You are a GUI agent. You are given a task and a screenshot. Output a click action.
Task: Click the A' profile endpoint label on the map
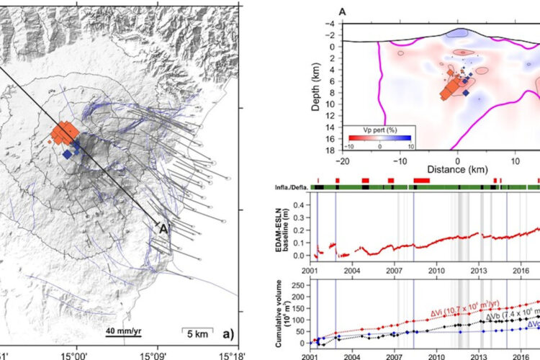click(164, 229)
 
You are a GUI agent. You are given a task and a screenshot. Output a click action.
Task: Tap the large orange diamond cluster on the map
click(65, 134)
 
